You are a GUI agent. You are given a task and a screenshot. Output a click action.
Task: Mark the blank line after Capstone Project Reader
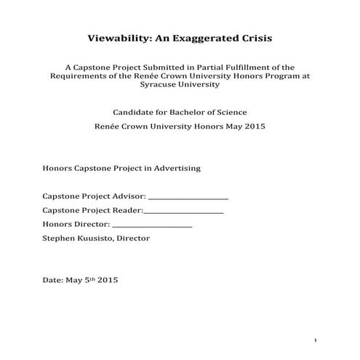pyautogui.click(x=183, y=212)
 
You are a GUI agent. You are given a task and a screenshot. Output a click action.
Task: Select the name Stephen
pyautogui.click(x=60, y=238)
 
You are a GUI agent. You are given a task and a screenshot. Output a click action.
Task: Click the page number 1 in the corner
pyautogui.click(x=316, y=340)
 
